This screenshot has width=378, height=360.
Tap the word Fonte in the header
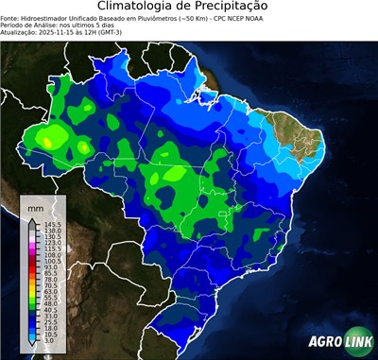click(x=10, y=18)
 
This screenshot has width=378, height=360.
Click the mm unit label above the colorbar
click(x=35, y=207)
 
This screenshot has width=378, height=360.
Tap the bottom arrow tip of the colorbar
click(x=33, y=347)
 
